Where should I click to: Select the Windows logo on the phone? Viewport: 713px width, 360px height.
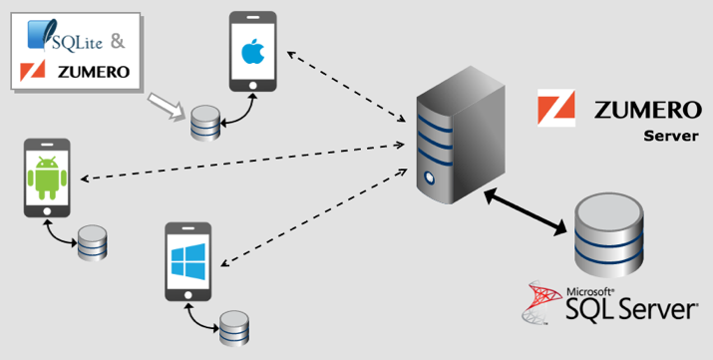point(187,262)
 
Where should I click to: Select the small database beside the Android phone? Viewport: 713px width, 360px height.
point(92,242)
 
